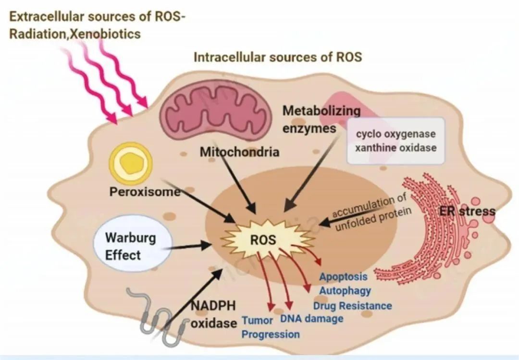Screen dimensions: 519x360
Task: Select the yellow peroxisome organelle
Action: tap(131, 163)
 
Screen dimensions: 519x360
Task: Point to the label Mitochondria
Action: tap(240, 152)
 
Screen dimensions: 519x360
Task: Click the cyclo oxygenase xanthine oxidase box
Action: tap(395, 141)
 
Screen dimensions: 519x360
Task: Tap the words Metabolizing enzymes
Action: tap(321, 119)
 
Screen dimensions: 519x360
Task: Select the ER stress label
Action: tap(467, 211)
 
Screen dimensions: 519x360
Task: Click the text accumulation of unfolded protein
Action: tap(372, 211)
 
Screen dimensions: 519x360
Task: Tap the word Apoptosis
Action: tap(343, 276)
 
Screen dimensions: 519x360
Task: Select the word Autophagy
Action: tap(345, 291)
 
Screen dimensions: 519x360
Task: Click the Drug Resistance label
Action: tap(353, 306)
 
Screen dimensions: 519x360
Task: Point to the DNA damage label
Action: tap(312, 319)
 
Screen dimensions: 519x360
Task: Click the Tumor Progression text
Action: tap(271, 327)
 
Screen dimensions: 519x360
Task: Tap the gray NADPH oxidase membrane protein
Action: tap(156, 315)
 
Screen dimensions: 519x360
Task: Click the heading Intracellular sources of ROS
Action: tap(278, 57)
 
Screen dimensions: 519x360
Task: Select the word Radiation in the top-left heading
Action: tap(38, 34)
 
